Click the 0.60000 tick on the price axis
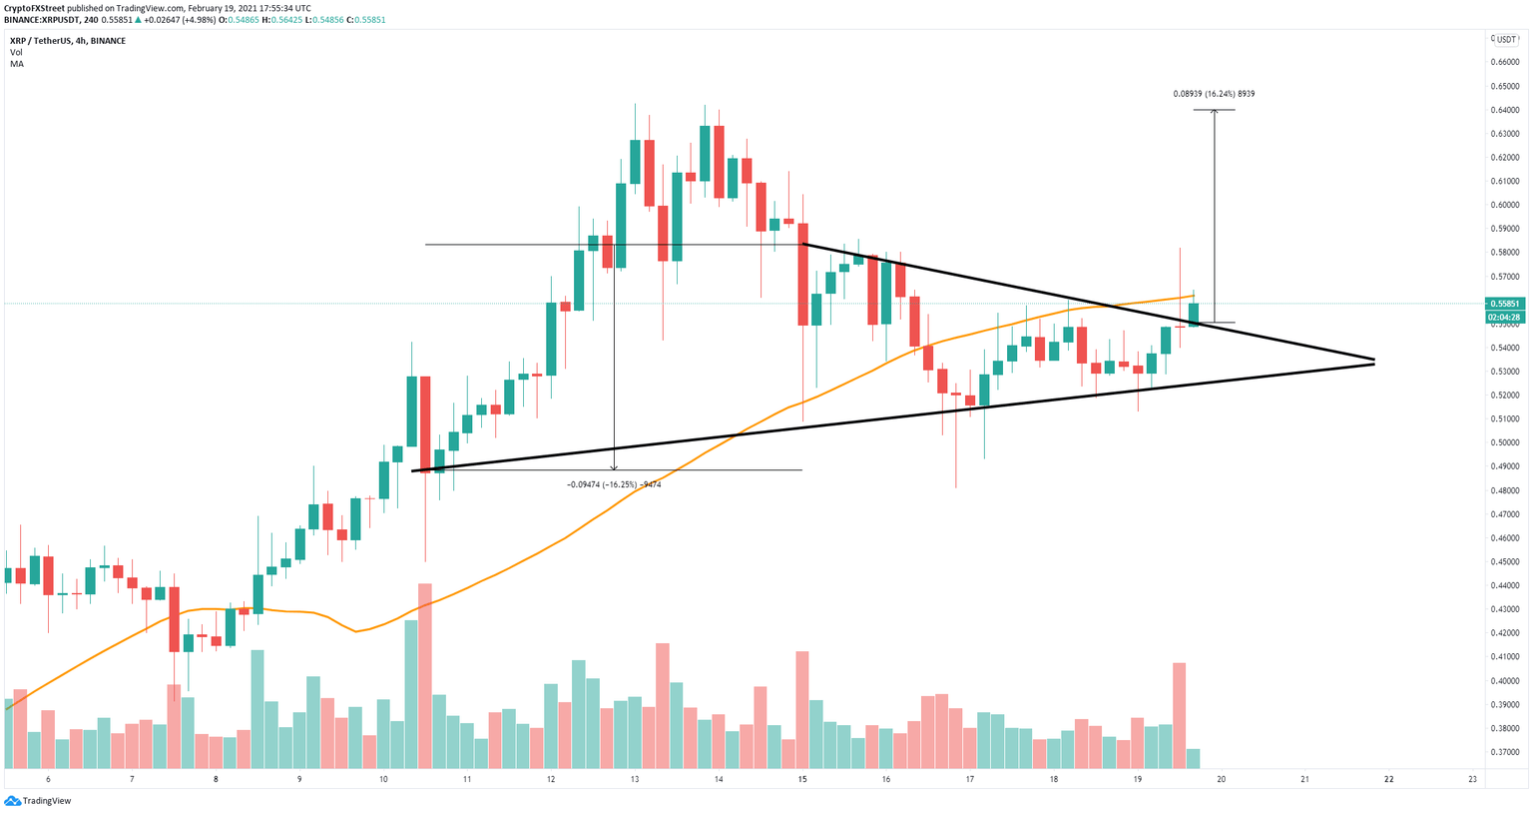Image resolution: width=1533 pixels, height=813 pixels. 1504,205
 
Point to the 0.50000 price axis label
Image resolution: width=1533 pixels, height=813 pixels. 1504,442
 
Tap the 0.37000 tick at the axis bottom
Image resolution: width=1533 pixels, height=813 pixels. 1504,752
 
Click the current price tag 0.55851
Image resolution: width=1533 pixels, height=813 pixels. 1504,304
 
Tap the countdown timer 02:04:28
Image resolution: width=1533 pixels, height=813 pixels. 1504,318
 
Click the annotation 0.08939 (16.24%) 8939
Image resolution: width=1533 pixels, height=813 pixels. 1214,94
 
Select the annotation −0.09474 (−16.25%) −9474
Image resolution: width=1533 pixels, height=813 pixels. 614,484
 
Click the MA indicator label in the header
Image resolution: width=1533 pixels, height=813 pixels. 17,64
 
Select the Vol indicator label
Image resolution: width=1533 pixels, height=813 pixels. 16,52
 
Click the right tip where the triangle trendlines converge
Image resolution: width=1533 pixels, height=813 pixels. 1373,362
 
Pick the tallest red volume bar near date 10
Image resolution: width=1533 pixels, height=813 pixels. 425,675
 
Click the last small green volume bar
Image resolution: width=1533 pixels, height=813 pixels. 1193,757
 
